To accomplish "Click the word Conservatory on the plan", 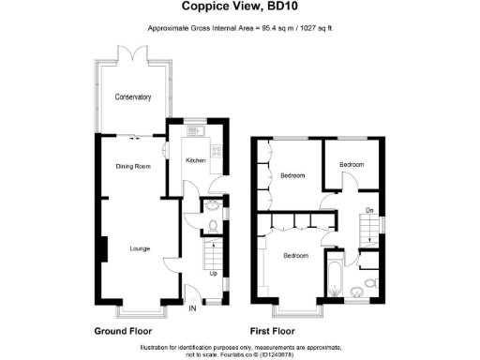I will pyautogui.click(x=132, y=97).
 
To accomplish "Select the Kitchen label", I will pyautogui.click(x=195, y=160).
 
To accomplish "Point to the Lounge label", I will pyautogui.click(x=140, y=248).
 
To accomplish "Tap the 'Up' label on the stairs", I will pyautogui.click(x=212, y=274).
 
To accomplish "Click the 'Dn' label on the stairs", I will pyautogui.click(x=369, y=210).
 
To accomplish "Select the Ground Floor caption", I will pyautogui.click(x=123, y=331).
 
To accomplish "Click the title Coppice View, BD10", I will pyautogui.click(x=240, y=10).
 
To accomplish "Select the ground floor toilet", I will pyautogui.click(x=214, y=224).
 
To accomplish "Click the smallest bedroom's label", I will pyautogui.click(x=352, y=165).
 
